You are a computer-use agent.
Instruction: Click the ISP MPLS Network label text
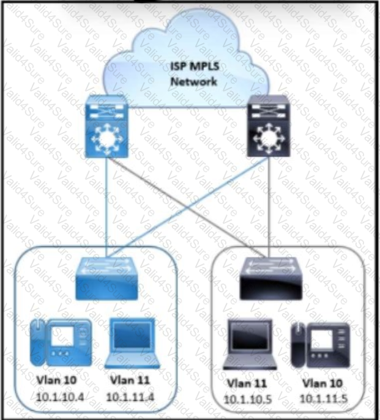[194, 74]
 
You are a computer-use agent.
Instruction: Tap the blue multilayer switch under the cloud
[106, 126]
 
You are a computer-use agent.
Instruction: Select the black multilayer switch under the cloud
[269, 126]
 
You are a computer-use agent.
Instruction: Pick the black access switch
[271, 279]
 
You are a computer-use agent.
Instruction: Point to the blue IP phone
[61, 342]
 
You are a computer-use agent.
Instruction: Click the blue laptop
[132, 343]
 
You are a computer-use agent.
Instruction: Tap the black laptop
[250, 344]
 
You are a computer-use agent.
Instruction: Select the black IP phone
[321, 345]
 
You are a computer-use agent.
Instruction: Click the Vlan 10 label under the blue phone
[56, 380]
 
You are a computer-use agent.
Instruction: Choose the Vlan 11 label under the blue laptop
[130, 380]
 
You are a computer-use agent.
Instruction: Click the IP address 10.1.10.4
[60, 397]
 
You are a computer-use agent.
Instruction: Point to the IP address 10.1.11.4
[130, 397]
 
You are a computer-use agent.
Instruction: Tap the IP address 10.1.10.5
[248, 400]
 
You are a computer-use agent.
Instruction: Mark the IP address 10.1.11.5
[324, 399]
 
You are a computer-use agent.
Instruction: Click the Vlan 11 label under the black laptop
[247, 383]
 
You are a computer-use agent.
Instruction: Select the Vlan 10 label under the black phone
[322, 383]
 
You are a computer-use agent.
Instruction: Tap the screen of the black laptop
[250, 337]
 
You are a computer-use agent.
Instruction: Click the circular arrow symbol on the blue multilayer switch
[106, 139]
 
